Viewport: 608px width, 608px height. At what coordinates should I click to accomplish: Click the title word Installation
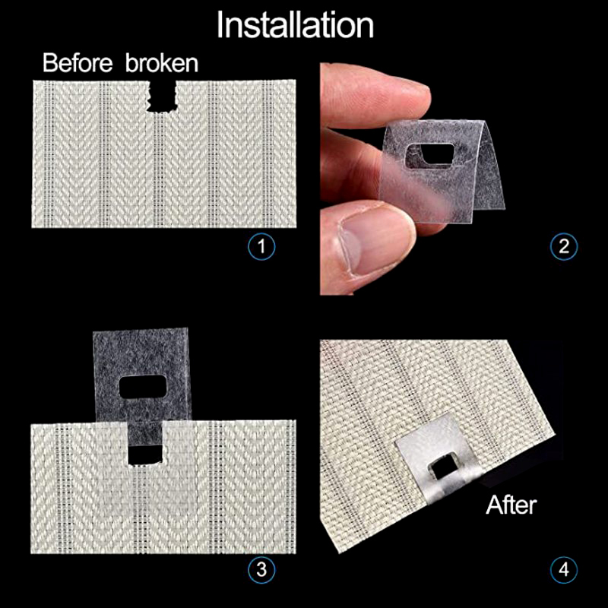point(295,25)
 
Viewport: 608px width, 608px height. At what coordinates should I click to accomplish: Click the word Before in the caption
point(78,62)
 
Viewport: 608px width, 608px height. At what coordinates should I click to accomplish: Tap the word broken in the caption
point(162,62)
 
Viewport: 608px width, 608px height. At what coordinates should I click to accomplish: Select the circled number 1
point(261,246)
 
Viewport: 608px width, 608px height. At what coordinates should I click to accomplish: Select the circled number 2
point(564,246)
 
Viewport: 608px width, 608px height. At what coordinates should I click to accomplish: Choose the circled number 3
point(261,569)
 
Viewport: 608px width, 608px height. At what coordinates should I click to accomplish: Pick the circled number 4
point(564,569)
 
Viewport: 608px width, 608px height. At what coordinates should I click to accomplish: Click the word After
point(511,505)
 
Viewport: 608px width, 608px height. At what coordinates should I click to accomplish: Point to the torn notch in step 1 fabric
point(161,97)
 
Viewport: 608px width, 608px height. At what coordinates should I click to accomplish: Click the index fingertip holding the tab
point(407,97)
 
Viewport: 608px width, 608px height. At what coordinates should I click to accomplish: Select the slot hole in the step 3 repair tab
point(142,387)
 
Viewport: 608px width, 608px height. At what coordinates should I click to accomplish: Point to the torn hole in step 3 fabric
point(145,454)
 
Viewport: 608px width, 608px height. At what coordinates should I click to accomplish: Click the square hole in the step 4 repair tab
point(442,468)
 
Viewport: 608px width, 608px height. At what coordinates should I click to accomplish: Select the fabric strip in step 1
point(163,154)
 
